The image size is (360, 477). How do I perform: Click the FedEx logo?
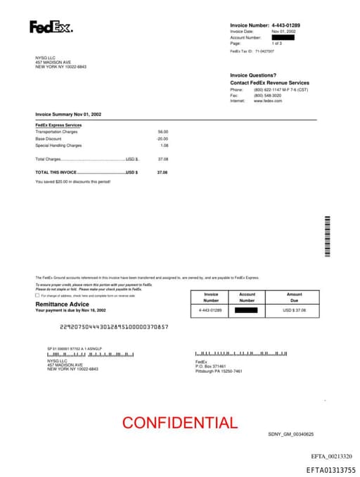(50, 27)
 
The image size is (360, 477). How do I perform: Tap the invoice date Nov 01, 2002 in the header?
(283, 32)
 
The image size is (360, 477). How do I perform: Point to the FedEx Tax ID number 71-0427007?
(264, 51)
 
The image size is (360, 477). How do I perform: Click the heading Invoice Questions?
(253, 75)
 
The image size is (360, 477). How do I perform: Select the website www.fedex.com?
(268, 101)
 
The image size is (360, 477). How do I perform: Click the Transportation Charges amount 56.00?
(163, 132)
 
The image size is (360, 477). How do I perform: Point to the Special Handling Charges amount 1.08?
(165, 146)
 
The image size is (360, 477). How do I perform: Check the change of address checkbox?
(38, 295)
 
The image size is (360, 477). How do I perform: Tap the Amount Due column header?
(295, 297)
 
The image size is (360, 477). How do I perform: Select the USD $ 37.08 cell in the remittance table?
(295, 310)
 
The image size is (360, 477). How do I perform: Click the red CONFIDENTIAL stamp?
(180, 423)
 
